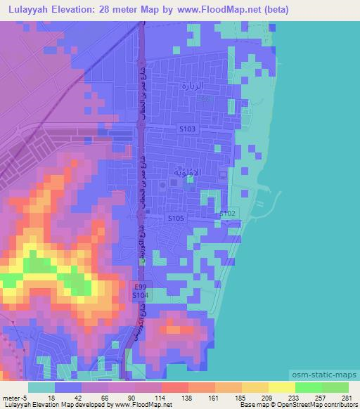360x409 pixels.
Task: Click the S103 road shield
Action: coord(187,129)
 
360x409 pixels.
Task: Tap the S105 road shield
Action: coord(176,219)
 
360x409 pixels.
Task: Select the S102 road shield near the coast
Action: coord(227,212)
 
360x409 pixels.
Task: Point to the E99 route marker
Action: coord(140,287)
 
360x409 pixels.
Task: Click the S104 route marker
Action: coord(140,297)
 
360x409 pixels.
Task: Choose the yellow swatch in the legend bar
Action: coord(281,387)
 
